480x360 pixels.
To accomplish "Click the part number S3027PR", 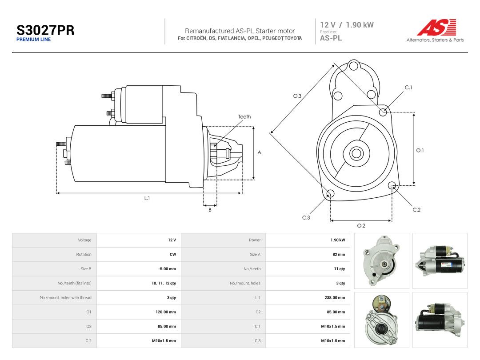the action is pos(45,30).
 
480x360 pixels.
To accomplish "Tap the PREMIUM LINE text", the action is pos(33,40).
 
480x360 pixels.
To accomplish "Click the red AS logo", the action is pos(437,27).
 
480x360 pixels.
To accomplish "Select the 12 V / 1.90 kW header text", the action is pos(347,25).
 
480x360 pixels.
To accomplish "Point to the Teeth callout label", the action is pos(244,116).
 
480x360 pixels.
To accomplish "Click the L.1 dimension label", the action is pos(147,198).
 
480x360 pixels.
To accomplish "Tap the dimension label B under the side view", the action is pos(210,210).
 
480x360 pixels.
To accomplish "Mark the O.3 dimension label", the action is pos(297,96).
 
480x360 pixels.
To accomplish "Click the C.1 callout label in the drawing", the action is pos(408,88).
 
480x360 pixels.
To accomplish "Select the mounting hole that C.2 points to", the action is pos(392,185).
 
